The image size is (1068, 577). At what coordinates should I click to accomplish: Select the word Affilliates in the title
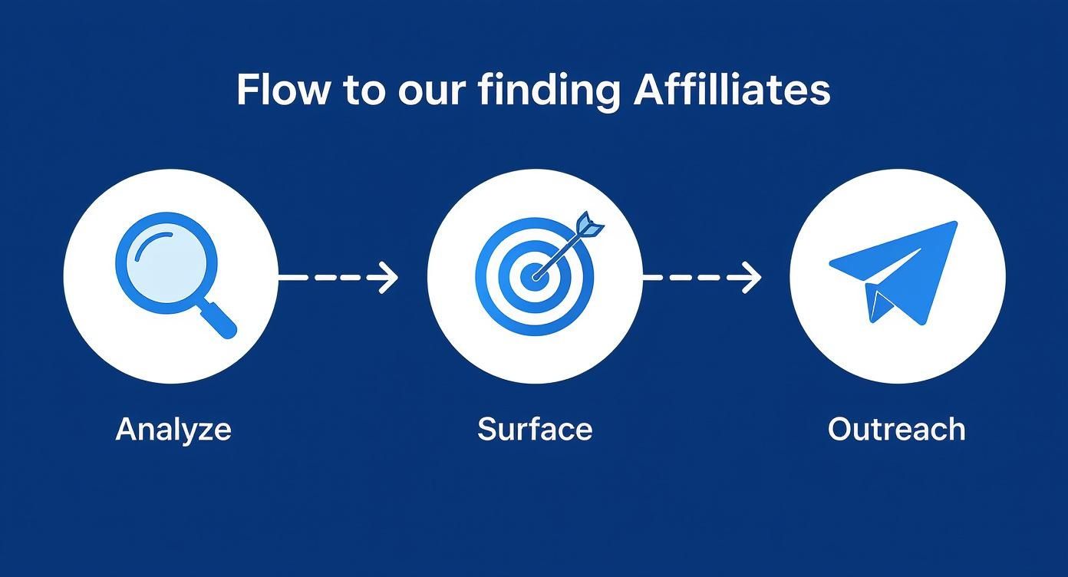[733, 91]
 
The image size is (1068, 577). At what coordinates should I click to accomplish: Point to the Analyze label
[173, 429]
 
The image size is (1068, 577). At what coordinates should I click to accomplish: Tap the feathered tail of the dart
[588, 225]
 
